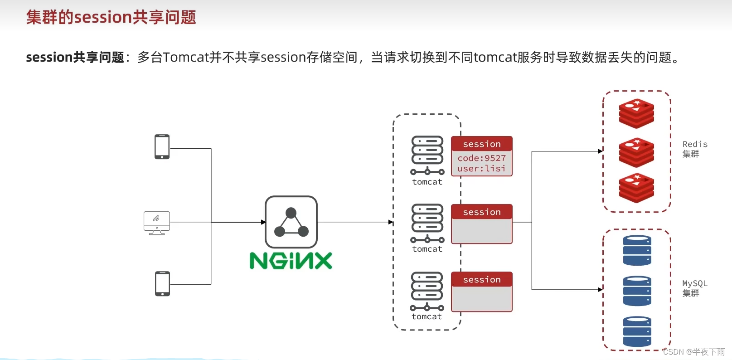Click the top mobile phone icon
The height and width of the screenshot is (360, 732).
click(162, 146)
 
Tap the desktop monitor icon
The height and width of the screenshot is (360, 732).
click(157, 223)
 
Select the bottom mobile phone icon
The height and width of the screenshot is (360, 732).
click(162, 283)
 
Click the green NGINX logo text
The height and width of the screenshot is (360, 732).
click(291, 261)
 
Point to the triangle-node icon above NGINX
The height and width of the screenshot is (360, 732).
click(291, 222)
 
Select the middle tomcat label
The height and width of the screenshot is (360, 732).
click(427, 249)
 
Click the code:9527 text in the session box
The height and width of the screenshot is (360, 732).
click(481, 158)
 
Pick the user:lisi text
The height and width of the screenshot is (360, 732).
click(481, 168)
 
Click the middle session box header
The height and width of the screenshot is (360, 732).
click(481, 212)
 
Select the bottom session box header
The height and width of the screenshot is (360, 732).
click(481, 279)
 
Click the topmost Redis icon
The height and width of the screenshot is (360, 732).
click(636, 113)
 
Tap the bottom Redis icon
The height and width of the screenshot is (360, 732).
click(636, 188)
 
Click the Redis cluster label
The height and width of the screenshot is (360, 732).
click(694, 149)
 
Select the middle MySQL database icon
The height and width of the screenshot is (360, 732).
click(637, 291)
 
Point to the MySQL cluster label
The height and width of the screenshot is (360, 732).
click(694, 288)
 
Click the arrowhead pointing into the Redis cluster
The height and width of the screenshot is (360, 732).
click(600, 151)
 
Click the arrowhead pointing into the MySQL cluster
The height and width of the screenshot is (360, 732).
click(600, 289)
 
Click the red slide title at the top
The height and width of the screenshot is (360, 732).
click(111, 17)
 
